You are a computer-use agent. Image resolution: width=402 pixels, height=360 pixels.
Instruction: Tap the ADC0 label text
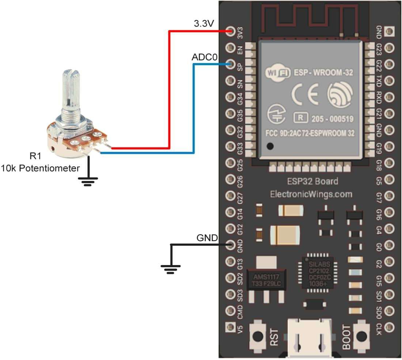pos(204,57)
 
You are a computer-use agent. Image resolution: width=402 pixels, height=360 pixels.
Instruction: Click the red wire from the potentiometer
pos(169,91)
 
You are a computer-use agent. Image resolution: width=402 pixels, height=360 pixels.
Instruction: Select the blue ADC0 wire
pos(193,110)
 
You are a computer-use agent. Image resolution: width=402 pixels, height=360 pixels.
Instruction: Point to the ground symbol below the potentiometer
pos(88,181)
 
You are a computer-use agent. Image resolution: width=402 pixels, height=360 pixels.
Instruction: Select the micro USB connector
pos(311,338)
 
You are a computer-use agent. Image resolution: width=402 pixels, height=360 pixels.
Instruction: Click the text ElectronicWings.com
pos(311,194)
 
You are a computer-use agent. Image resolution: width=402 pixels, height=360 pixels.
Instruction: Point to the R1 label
pos(35,157)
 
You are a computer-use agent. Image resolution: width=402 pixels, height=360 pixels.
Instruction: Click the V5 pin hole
pos(230,325)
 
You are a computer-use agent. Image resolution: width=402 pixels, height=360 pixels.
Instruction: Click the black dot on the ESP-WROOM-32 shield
pos(270,147)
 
